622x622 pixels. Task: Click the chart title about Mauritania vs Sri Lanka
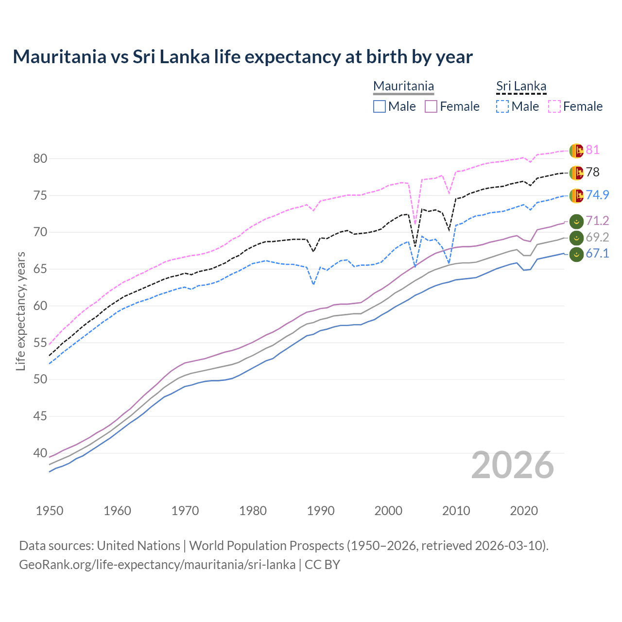242,57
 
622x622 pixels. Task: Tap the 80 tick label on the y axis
40,158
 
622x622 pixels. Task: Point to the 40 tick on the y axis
40,453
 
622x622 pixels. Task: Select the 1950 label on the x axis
50,511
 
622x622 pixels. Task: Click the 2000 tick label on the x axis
388,511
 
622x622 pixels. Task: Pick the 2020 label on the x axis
524,511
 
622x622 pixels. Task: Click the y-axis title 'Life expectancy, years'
20,311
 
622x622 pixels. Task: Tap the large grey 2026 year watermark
512,465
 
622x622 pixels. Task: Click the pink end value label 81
592,150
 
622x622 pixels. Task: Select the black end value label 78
592,172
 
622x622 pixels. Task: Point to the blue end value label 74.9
597,195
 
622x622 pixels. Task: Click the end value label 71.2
597,221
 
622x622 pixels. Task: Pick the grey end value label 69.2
597,237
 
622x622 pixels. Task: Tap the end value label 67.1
597,253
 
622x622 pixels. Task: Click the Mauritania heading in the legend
403,86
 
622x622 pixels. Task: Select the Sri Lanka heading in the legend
521,86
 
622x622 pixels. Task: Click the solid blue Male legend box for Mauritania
380,106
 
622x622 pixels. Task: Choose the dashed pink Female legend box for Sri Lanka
554,106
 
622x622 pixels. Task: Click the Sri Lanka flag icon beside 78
576,173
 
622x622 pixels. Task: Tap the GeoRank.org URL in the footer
157,565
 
